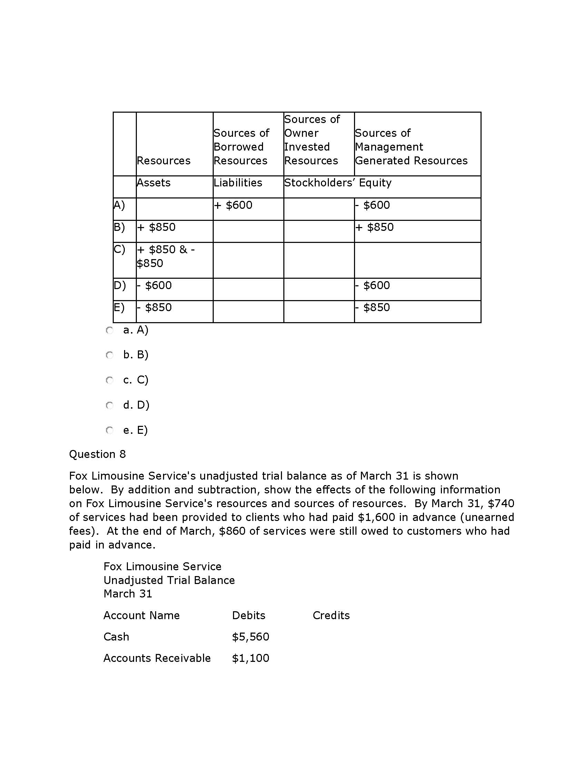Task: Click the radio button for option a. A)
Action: [110, 330]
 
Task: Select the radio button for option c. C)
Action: [110, 380]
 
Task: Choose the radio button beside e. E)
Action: [110, 431]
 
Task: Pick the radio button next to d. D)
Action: [110, 406]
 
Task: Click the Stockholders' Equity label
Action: [337, 183]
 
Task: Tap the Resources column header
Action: [163, 161]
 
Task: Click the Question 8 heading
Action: [97, 454]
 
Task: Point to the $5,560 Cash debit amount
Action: [250, 636]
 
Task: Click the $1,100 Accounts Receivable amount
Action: [250, 658]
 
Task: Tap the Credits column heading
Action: [331, 615]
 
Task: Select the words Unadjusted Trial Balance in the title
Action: [169, 580]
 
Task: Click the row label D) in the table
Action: [120, 285]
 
